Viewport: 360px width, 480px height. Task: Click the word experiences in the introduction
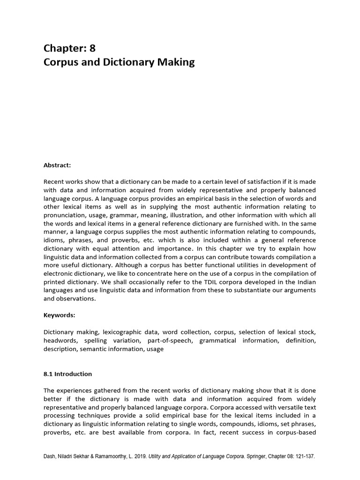[x=75, y=390]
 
